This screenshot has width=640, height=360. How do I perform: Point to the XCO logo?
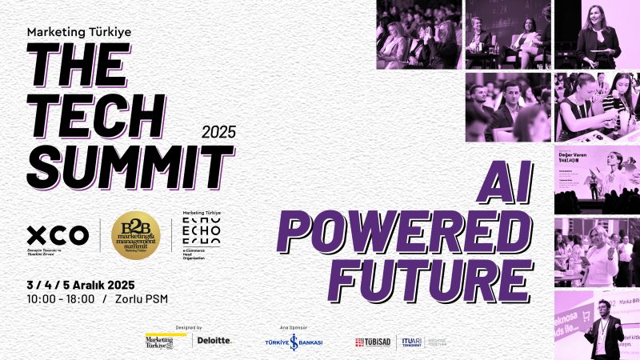point(58,236)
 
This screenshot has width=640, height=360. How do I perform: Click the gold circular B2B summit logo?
point(136,234)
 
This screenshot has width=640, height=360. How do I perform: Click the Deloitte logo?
point(214,340)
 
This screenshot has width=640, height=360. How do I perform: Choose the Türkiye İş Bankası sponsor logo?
point(294,342)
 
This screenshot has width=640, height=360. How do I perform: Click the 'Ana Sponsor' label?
point(294,327)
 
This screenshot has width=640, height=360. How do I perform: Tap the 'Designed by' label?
point(188,327)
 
